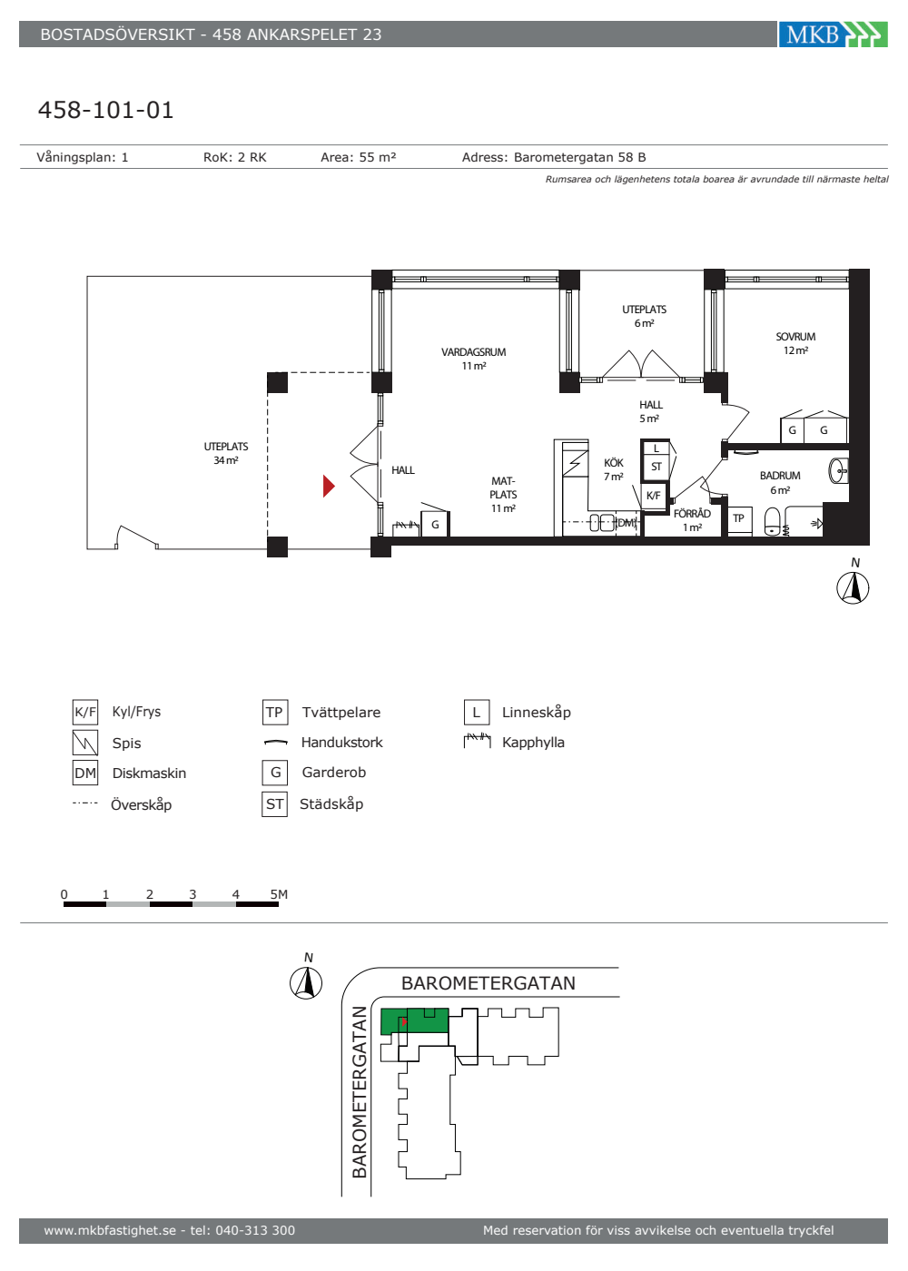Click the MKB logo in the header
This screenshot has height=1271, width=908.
point(833,34)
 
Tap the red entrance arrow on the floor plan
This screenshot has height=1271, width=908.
point(329,486)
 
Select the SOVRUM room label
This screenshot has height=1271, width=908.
point(795,343)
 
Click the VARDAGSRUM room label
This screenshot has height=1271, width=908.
point(474,359)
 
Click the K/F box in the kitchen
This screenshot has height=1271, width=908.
point(654,496)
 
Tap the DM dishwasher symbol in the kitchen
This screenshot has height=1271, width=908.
point(626,523)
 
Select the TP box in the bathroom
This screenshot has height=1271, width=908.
point(739,518)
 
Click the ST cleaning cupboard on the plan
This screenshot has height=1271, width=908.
point(656,467)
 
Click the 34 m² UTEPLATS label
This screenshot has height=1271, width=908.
point(226,453)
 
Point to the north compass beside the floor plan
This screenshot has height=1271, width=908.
point(853,588)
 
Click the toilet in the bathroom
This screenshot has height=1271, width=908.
point(773,521)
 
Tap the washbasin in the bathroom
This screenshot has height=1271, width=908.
point(839,471)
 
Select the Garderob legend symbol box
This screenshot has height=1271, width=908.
point(274,773)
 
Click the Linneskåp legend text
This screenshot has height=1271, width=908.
point(537,712)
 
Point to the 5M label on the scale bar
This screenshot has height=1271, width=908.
point(279,894)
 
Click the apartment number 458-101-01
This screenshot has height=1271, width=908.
point(105,110)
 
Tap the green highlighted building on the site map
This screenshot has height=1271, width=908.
point(415,1020)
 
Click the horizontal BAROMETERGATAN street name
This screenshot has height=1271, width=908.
point(489,983)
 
